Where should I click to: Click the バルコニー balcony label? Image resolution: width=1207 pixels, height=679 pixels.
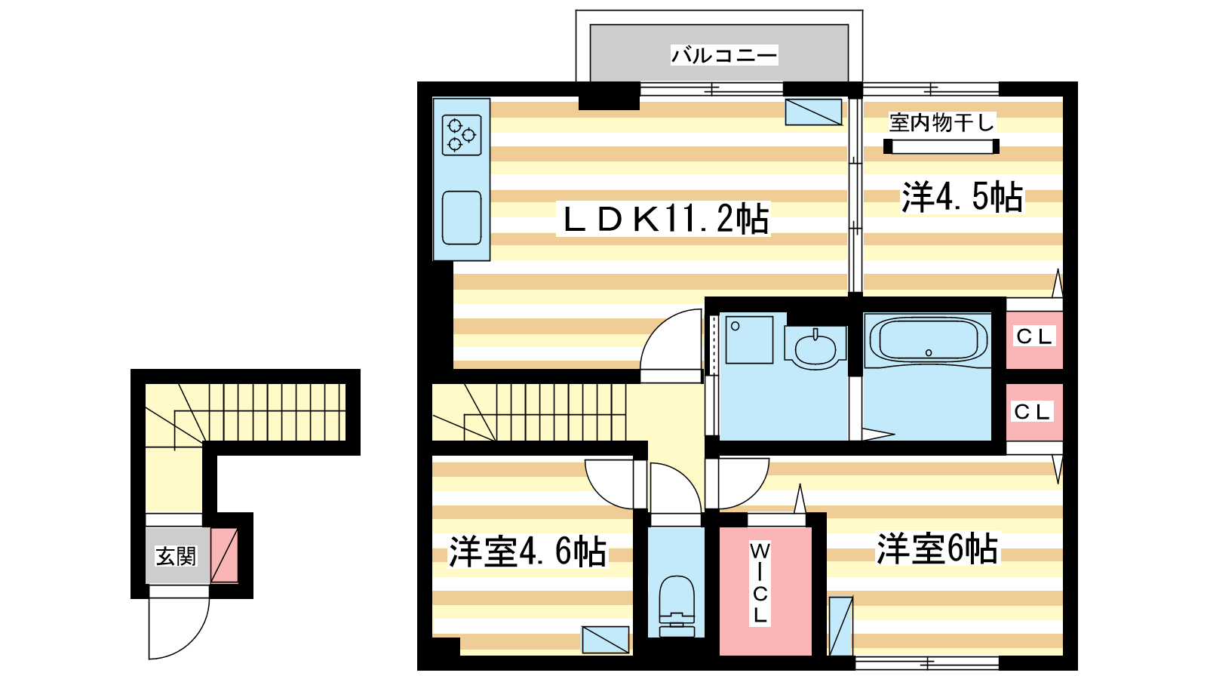(x=724, y=56)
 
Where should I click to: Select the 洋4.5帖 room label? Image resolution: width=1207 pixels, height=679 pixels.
(x=963, y=197)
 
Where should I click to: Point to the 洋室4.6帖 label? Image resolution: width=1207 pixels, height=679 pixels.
(x=528, y=551)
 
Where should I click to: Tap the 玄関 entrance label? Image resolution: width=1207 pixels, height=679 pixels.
(x=177, y=557)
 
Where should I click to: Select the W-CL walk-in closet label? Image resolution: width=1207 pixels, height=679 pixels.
(x=760, y=583)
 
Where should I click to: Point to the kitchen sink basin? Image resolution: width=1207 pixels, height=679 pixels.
(x=462, y=218)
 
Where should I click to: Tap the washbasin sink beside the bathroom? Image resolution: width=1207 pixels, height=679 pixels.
(x=815, y=347)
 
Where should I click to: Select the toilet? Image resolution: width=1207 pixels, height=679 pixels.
(x=677, y=607)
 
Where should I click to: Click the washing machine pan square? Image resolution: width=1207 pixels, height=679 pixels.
(x=749, y=340)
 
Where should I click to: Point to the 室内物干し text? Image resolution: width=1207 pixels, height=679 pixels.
(x=941, y=123)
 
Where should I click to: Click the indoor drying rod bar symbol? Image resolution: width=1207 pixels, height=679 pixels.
(x=941, y=146)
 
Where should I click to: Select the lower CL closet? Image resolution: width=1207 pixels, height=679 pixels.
(x=1034, y=412)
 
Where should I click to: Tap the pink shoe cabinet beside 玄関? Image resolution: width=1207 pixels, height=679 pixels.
(x=224, y=555)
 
